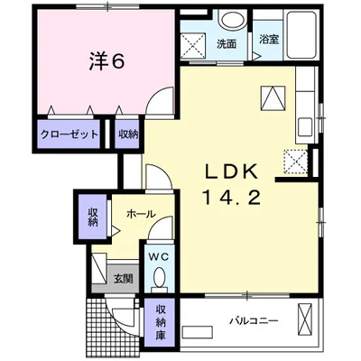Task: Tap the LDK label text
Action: [232, 172]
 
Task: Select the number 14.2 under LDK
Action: [232, 198]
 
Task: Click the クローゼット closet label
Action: [69, 134]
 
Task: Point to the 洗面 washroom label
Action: [227, 44]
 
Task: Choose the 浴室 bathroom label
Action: [269, 40]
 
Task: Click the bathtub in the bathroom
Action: [301, 35]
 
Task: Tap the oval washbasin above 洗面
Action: [233, 20]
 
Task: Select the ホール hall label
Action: [142, 214]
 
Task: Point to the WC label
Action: [159, 256]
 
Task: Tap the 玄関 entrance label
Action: [123, 279]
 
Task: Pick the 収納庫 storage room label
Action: [161, 322]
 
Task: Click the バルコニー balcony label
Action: [255, 320]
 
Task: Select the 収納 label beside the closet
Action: [128, 134]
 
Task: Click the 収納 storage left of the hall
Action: [93, 218]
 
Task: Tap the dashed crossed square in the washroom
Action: [193, 45]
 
